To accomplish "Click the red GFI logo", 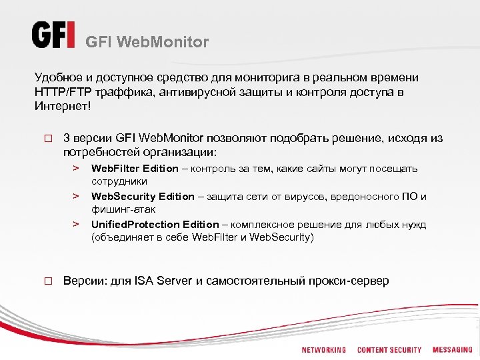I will [53, 35].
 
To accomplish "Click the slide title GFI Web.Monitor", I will [147, 43].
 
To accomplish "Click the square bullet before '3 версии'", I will [48, 139].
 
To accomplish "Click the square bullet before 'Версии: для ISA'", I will [48, 281].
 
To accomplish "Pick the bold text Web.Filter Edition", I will [135, 169].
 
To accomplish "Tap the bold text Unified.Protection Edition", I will [155, 225].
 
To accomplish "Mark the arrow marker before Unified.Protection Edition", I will [77, 225].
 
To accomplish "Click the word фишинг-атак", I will [119, 209].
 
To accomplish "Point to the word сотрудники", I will [119, 181].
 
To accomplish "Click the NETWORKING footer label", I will [324, 350].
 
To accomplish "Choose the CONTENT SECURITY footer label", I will [389, 350].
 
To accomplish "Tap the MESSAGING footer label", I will [453, 350].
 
